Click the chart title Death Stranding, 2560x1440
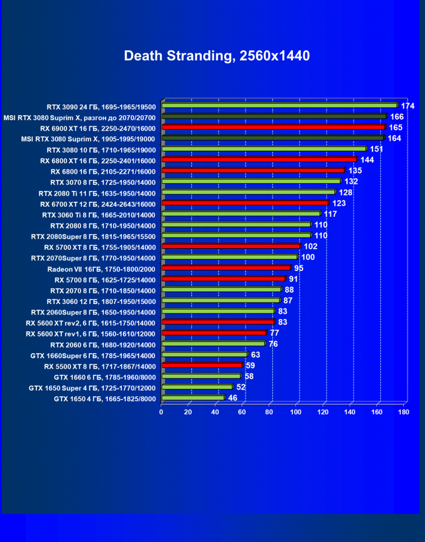[216, 56]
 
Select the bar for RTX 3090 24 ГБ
[279, 105]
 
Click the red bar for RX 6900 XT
[273, 127]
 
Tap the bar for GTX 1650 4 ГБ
[192, 397]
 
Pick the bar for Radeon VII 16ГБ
[225, 267]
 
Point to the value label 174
[408, 106]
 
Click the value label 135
[355, 171]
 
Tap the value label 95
[299, 268]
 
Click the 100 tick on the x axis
[295, 413]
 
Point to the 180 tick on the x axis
[403, 413]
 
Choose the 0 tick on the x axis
[161, 413]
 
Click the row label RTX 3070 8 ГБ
[102, 182]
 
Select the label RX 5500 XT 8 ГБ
[99, 366]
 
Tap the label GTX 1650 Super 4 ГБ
[92, 388]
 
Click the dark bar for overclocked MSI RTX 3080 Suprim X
[274, 116]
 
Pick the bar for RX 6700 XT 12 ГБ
[244, 203]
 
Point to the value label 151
[377, 149]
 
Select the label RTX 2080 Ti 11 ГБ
[96, 193]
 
